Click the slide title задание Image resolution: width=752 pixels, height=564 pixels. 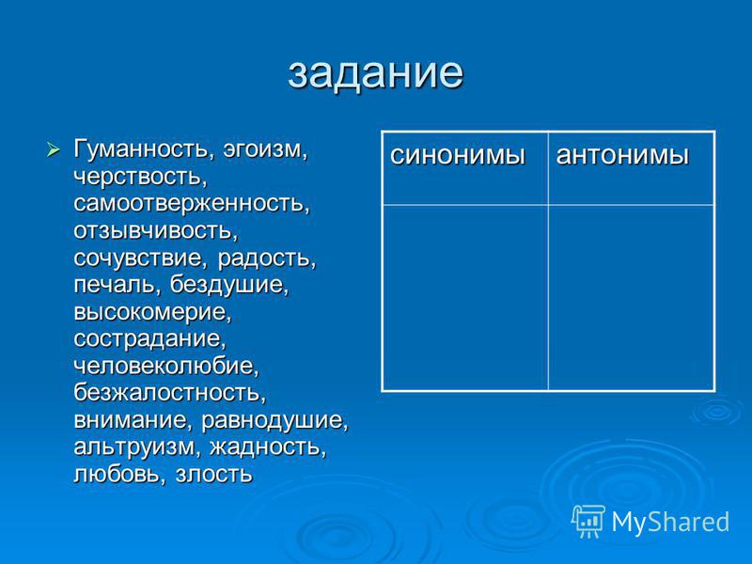pyautogui.click(x=375, y=73)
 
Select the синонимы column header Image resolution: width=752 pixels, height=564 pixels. pyautogui.click(x=458, y=156)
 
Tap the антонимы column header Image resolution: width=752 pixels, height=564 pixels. pyautogui.click(x=622, y=156)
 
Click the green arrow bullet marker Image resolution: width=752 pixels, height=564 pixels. pyautogui.click(x=54, y=149)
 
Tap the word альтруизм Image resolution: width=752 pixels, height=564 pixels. pyautogui.click(x=133, y=448)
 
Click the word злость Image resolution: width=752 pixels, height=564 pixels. pyautogui.click(x=213, y=475)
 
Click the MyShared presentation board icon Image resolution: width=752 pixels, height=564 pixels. pyautogui.click(x=587, y=521)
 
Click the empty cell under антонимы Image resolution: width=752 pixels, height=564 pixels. pyautogui.click(x=631, y=297)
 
